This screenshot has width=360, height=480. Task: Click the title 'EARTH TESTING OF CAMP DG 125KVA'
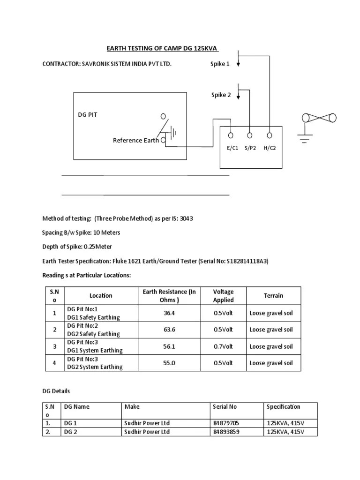pyautogui.click(x=160, y=48)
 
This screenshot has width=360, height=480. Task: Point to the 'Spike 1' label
pyautogui.click(x=220, y=64)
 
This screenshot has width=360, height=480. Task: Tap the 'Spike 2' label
pyautogui.click(x=221, y=95)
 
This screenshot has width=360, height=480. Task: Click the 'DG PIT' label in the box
pyautogui.click(x=88, y=115)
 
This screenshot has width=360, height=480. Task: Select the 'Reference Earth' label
pyautogui.click(x=135, y=140)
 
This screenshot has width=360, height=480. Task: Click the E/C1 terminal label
pyautogui.click(x=231, y=148)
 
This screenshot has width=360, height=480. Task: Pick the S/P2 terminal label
pyautogui.click(x=250, y=148)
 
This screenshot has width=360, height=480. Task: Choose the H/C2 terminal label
pyautogui.click(x=270, y=148)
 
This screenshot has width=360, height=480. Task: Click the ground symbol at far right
pyautogui.click(x=306, y=137)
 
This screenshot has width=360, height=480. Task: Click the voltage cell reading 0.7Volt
pyautogui.click(x=223, y=346)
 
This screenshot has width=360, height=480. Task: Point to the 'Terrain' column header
pyautogui.click(x=273, y=295)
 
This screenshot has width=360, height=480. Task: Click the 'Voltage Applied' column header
pyautogui.click(x=223, y=295)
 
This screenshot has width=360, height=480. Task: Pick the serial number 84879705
pyautogui.click(x=226, y=423)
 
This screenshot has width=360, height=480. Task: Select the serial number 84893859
pyautogui.click(x=226, y=431)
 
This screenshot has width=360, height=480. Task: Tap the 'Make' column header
pyautogui.click(x=132, y=406)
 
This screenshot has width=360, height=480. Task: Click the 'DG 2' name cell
pyautogui.click(x=70, y=431)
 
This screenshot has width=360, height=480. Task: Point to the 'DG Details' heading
pyautogui.click(x=56, y=390)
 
